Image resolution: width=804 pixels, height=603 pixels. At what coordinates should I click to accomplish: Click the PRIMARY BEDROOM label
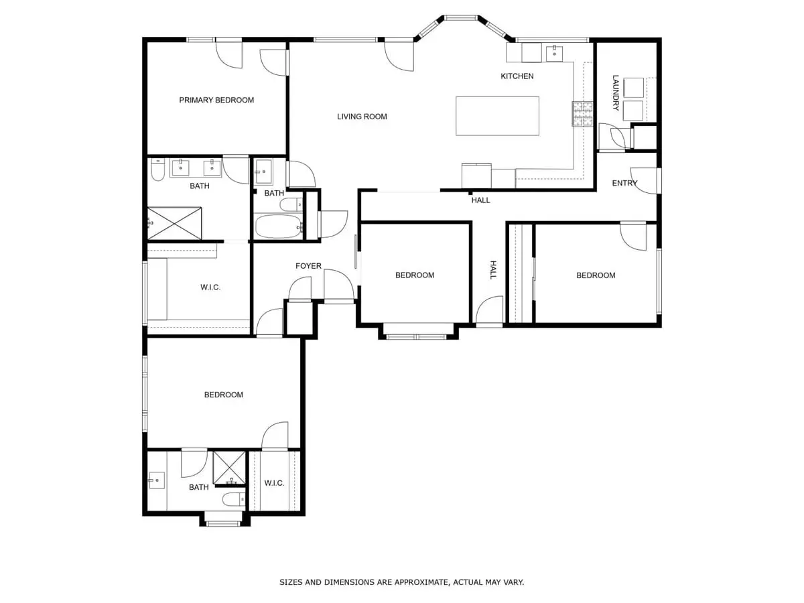click(x=216, y=100)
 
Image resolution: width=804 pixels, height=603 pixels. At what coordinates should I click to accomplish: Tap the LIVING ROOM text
click(x=362, y=117)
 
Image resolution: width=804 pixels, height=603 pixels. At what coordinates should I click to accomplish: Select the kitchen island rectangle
click(x=497, y=116)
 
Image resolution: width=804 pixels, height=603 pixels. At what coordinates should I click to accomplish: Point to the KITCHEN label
click(x=517, y=76)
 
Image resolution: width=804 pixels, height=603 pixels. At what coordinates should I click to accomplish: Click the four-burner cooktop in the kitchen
click(x=582, y=114)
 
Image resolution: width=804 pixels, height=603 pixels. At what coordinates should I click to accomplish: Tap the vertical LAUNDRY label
click(x=615, y=88)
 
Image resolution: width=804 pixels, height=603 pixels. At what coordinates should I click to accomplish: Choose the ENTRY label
click(x=624, y=184)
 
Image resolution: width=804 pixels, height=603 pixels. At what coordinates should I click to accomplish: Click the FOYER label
click(x=308, y=266)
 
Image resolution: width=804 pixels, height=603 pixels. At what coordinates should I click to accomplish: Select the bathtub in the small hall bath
click(x=278, y=226)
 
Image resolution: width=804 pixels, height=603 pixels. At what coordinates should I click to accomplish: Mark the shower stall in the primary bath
click(x=175, y=222)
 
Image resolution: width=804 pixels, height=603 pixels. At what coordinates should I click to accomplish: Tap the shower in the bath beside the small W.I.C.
click(x=229, y=468)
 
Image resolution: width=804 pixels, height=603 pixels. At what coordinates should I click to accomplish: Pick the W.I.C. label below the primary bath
click(x=210, y=287)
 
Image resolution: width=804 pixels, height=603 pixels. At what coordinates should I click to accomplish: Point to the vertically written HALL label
click(x=492, y=270)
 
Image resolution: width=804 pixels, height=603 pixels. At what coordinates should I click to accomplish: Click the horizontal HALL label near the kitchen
click(x=480, y=200)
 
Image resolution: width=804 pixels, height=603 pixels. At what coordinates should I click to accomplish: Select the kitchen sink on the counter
click(x=554, y=53)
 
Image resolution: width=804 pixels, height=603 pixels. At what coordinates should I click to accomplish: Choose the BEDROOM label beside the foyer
click(x=414, y=275)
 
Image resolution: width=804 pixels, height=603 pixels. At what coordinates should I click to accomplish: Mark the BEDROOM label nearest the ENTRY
click(x=596, y=275)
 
